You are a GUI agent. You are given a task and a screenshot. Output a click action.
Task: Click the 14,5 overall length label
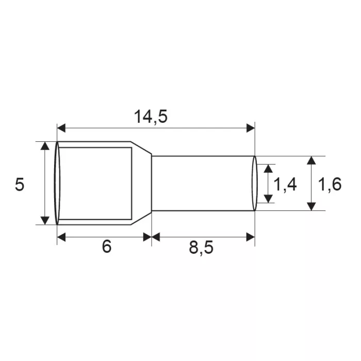pos(151,117)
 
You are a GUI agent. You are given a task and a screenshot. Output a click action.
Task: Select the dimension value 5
pos(20,185)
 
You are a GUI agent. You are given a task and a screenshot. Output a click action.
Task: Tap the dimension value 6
pos(107,246)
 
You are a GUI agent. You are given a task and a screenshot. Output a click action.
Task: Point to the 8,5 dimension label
pos(201,248)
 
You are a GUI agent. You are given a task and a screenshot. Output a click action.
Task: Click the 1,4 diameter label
pos(285,185)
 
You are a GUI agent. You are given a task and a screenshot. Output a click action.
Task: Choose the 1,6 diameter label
pos(330,185)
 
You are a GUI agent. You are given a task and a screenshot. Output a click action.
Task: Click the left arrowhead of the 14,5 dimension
pos(61,128)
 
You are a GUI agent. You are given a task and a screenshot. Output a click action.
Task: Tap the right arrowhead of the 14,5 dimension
pos(251,128)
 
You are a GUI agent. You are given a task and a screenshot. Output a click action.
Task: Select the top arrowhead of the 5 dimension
pos(45,146)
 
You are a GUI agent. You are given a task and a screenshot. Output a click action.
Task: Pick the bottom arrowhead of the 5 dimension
pos(45,220)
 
